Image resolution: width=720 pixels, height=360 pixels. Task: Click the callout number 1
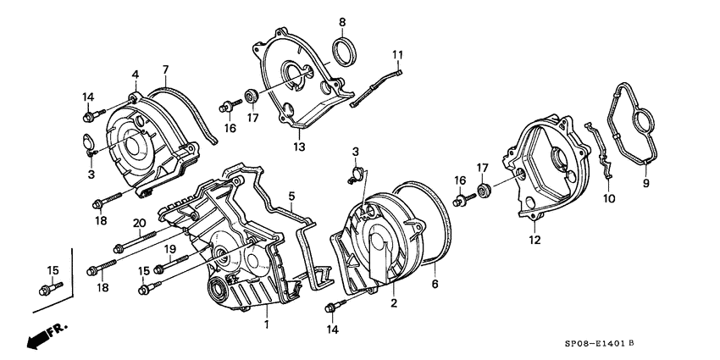266,324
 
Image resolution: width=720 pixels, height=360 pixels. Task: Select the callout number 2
393,302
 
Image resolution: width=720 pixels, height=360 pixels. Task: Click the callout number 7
165,69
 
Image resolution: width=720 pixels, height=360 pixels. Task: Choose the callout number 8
342,21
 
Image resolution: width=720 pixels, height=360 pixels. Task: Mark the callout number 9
645,184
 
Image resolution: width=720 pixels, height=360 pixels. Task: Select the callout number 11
395,55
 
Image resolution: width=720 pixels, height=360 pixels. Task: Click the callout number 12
534,240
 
